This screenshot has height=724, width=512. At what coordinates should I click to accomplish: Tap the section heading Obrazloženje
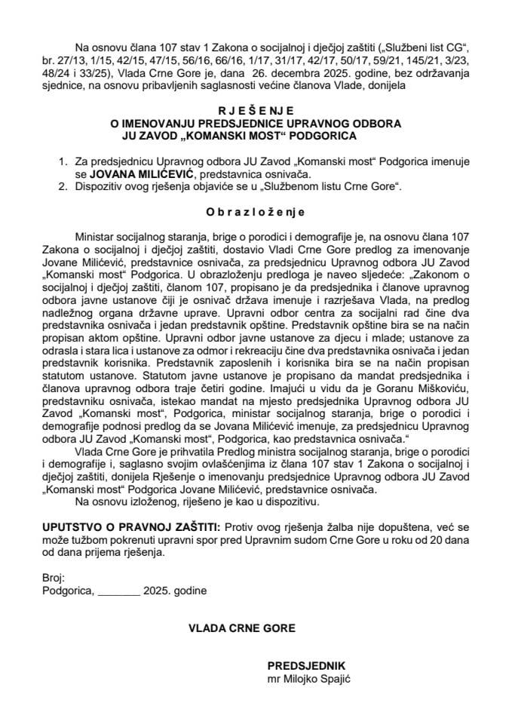(x=256, y=213)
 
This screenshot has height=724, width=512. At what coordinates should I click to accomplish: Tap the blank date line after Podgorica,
(x=118, y=591)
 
